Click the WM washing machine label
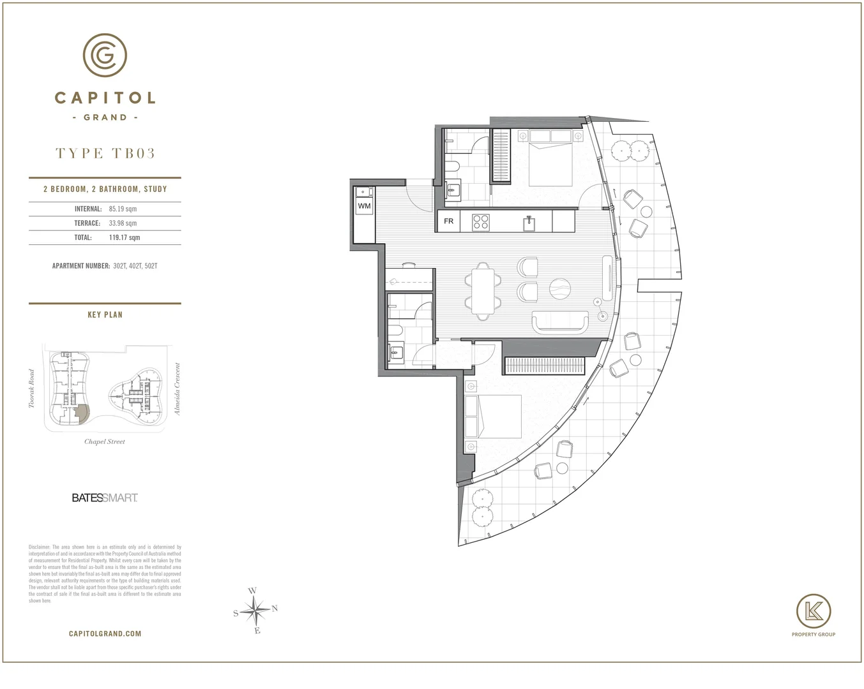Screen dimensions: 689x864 (x=364, y=206)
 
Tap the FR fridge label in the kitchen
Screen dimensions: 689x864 (x=449, y=221)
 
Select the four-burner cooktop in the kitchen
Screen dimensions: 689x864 (x=480, y=221)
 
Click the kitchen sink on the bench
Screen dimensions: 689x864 (x=529, y=223)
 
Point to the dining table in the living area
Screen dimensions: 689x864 (x=483, y=290)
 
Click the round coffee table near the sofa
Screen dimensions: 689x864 (x=561, y=289)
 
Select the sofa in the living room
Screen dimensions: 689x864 (x=561, y=321)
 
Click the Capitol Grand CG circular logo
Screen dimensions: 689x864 (x=105, y=56)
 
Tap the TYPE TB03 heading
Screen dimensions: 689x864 (x=105, y=153)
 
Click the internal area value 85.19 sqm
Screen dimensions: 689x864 (x=123, y=209)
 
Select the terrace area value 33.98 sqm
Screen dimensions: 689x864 (x=123, y=223)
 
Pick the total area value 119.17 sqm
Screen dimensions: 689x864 (x=125, y=237)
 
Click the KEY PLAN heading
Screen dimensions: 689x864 (x=105, y=315)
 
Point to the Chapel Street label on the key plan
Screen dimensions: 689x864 (x=105, y=441)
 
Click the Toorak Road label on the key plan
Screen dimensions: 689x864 (x=31, y=389)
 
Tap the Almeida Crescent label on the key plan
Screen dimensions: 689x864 (x=178, y=389)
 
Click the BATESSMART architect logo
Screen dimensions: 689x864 (x=105, y=498)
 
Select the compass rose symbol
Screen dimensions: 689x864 (x=255, y=611)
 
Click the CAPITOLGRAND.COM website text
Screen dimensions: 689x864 (x=105, y=633)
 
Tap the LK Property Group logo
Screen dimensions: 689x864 (x=813, y=615)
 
